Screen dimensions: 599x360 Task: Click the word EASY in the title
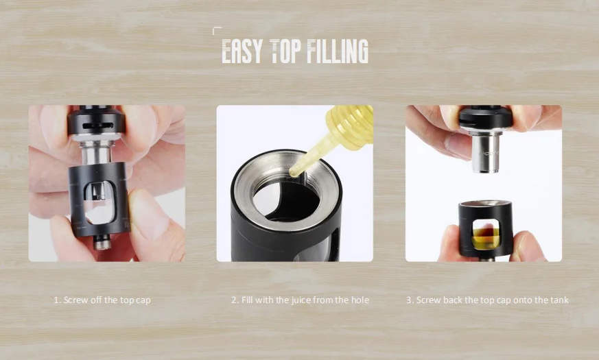click(x=242, y=51)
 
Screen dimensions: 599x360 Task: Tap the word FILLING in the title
click(x=338, y=51)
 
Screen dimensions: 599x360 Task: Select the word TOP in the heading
click(x=285, y=51)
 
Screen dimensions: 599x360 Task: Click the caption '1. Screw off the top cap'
click(x=102, y=300)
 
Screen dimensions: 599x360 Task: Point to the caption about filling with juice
click(x=301, y=300)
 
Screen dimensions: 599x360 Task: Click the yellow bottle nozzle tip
click(x=294, y=173)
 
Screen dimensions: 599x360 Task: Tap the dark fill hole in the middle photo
click(x=285, y=201)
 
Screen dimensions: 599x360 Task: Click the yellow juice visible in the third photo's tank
click(x=486, y=239)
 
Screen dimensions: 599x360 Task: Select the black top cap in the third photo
click(x=486, y=117)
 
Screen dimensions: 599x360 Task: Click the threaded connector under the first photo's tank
click(x=102, y=243)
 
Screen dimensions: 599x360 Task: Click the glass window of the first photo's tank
click(x=99, y=203)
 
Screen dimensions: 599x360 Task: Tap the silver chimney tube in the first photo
click(x=96, y=154)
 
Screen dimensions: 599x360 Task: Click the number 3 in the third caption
click(x=408, y=300)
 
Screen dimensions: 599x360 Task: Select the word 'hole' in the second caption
click(x=360, y=300)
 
